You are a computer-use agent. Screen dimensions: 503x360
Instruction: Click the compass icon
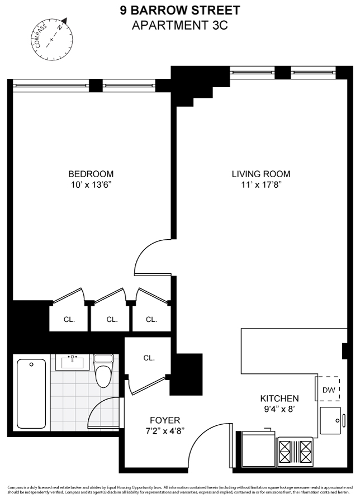click(x=51, y=38)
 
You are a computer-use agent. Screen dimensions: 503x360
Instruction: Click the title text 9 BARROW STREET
click(x=179, y=10)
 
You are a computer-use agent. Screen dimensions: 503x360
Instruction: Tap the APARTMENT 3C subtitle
click(x=179, y=25)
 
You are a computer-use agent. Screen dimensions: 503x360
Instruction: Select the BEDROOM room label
click(x=91, y=174)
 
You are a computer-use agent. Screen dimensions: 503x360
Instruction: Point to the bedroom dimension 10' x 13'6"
click(x=91, y=184)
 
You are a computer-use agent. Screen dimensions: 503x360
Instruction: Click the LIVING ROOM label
click(x=261, y=174)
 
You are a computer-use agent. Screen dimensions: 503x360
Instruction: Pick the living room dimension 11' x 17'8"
click(x=261, y=184)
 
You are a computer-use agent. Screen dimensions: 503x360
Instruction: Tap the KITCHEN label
click(x=280, y=398)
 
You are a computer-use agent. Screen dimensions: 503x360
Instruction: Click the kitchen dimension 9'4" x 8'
click(x=280, y=409)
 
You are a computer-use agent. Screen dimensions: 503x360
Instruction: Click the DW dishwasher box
click(x=329, y=390)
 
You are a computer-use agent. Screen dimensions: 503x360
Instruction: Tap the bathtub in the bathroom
click(x=31, y=393)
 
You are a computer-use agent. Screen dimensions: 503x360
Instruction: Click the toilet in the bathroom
click(x=103, y=371)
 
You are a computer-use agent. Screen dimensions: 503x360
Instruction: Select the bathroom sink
click(x=72, y=362)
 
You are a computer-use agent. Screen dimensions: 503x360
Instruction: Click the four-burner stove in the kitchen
click(x=296, y=451)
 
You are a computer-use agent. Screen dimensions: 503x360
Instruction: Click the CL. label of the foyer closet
click(x=148, y=358)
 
